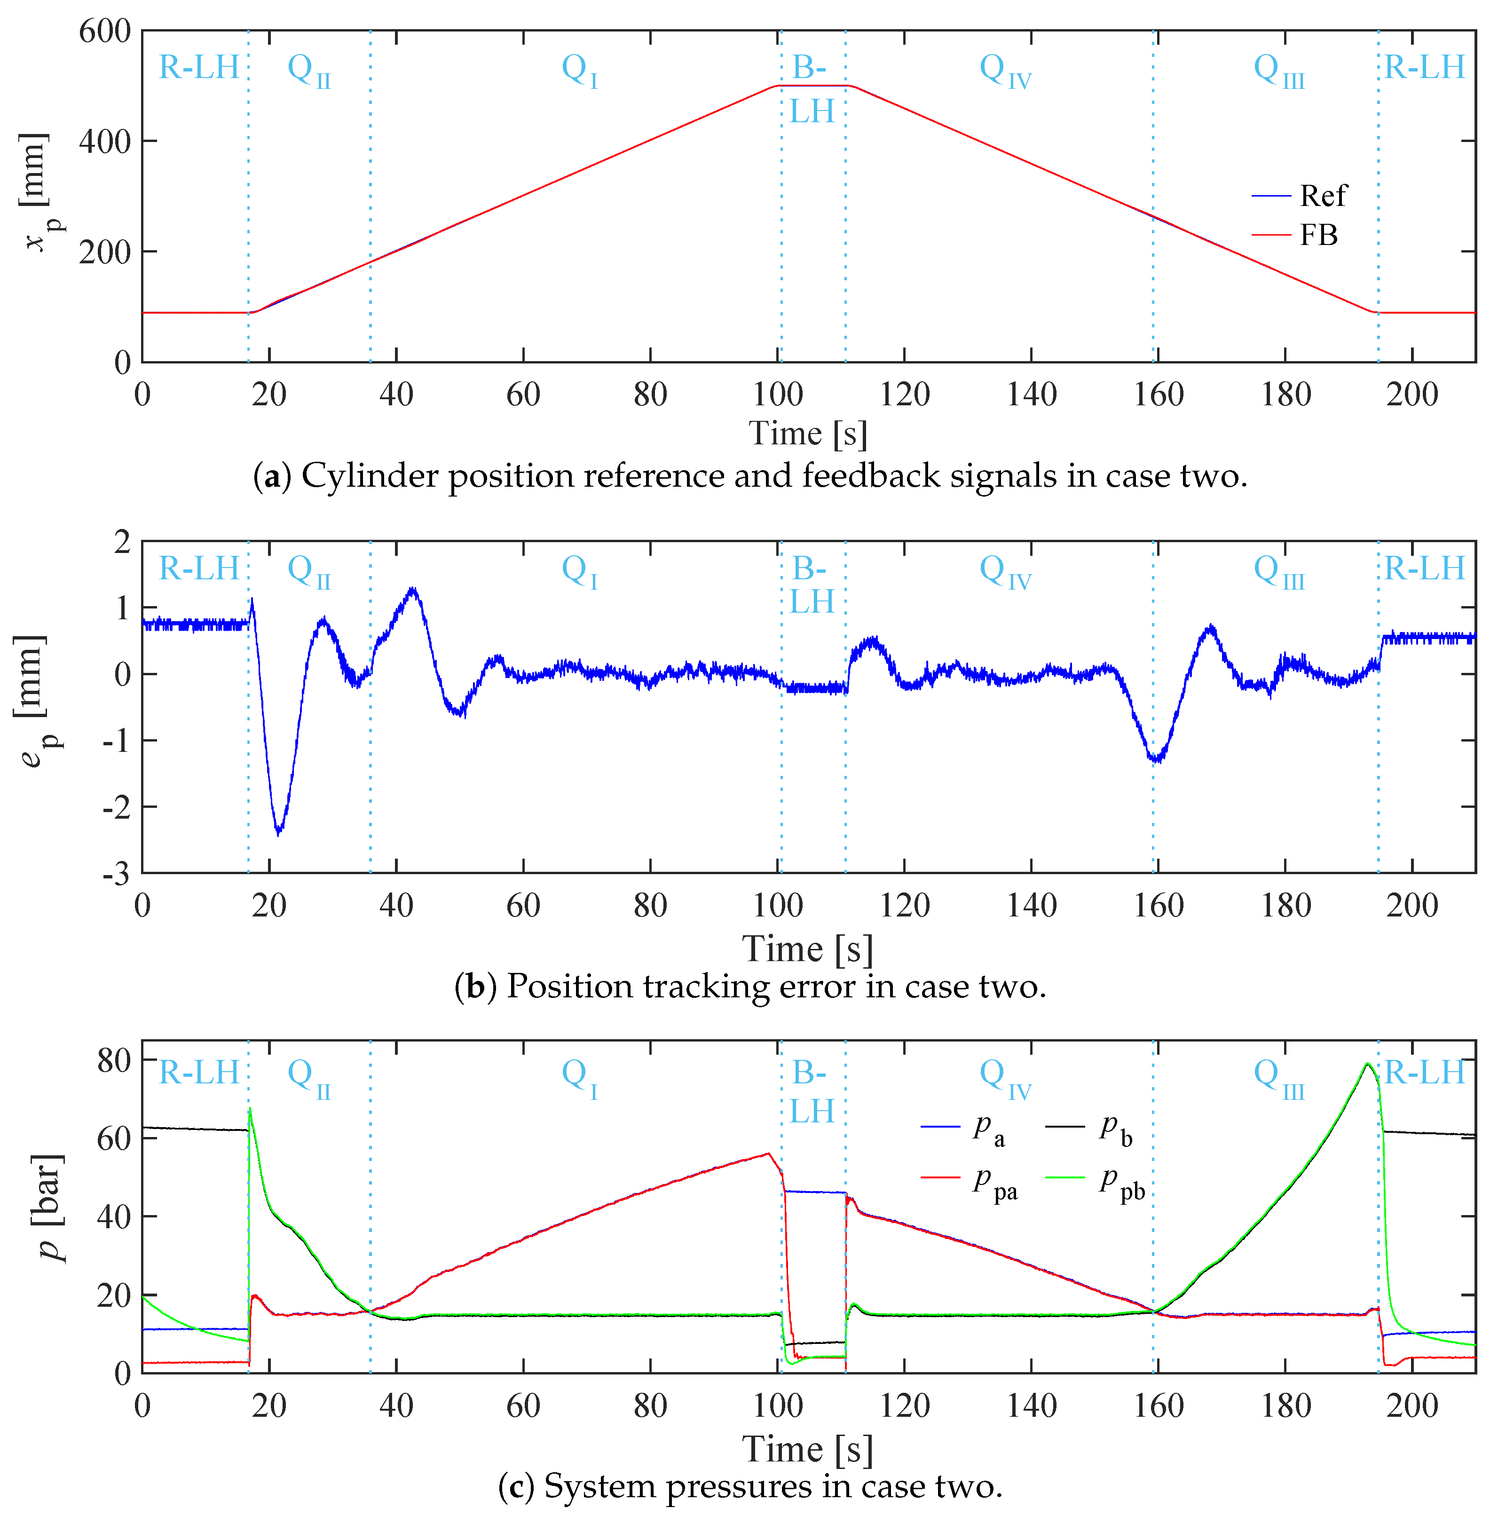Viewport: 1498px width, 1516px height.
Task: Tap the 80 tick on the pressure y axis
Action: (114, 1061)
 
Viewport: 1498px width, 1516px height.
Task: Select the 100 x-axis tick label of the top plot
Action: (778, 395)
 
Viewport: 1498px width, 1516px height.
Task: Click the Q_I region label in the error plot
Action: (579, 570)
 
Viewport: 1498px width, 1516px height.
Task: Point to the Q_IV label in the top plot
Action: (1004, 71)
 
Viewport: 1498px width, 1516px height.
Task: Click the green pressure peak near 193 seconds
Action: (1367, 1064)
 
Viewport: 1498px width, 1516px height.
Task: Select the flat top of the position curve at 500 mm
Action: (812, 86)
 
